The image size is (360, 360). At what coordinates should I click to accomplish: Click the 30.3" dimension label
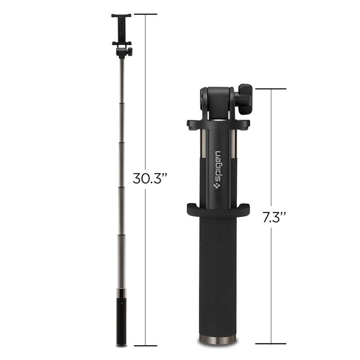[150, 178]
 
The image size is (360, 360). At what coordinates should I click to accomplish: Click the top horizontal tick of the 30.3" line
[145, 14]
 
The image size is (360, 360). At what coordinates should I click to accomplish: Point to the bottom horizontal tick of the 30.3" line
[145, 346]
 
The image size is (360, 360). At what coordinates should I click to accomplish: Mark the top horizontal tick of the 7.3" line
[271, 89]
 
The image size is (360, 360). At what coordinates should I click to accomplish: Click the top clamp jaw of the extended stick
[121, 16]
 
